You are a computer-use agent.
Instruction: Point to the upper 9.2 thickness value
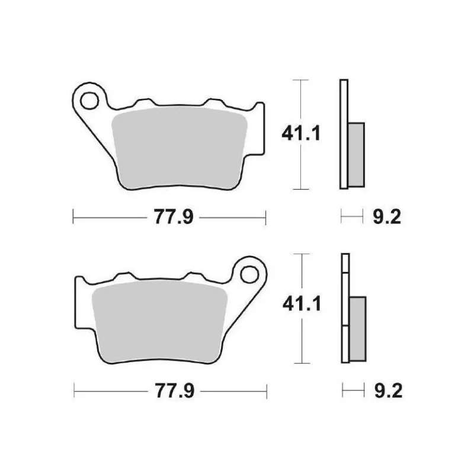(387, 217)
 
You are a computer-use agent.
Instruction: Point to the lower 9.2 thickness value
(387, 390)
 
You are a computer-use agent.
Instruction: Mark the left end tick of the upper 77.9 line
(73, 217)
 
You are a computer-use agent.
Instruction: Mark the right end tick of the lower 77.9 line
(265, 390)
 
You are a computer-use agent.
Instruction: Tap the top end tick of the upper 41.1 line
(302, 79)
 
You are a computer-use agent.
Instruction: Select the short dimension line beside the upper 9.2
(351, 217)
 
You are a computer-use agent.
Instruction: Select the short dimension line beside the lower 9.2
(353, 390)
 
